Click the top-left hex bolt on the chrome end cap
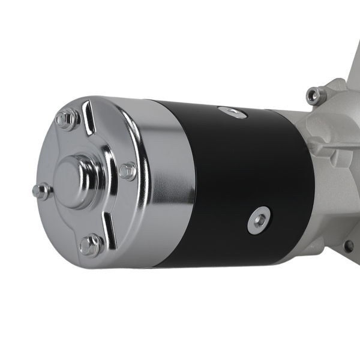67,119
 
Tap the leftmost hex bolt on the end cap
41,191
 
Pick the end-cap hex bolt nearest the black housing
127,170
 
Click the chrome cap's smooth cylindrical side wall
165,180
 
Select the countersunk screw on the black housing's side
259,220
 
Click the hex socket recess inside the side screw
259,220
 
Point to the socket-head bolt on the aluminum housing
316,94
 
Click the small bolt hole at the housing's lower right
348,245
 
